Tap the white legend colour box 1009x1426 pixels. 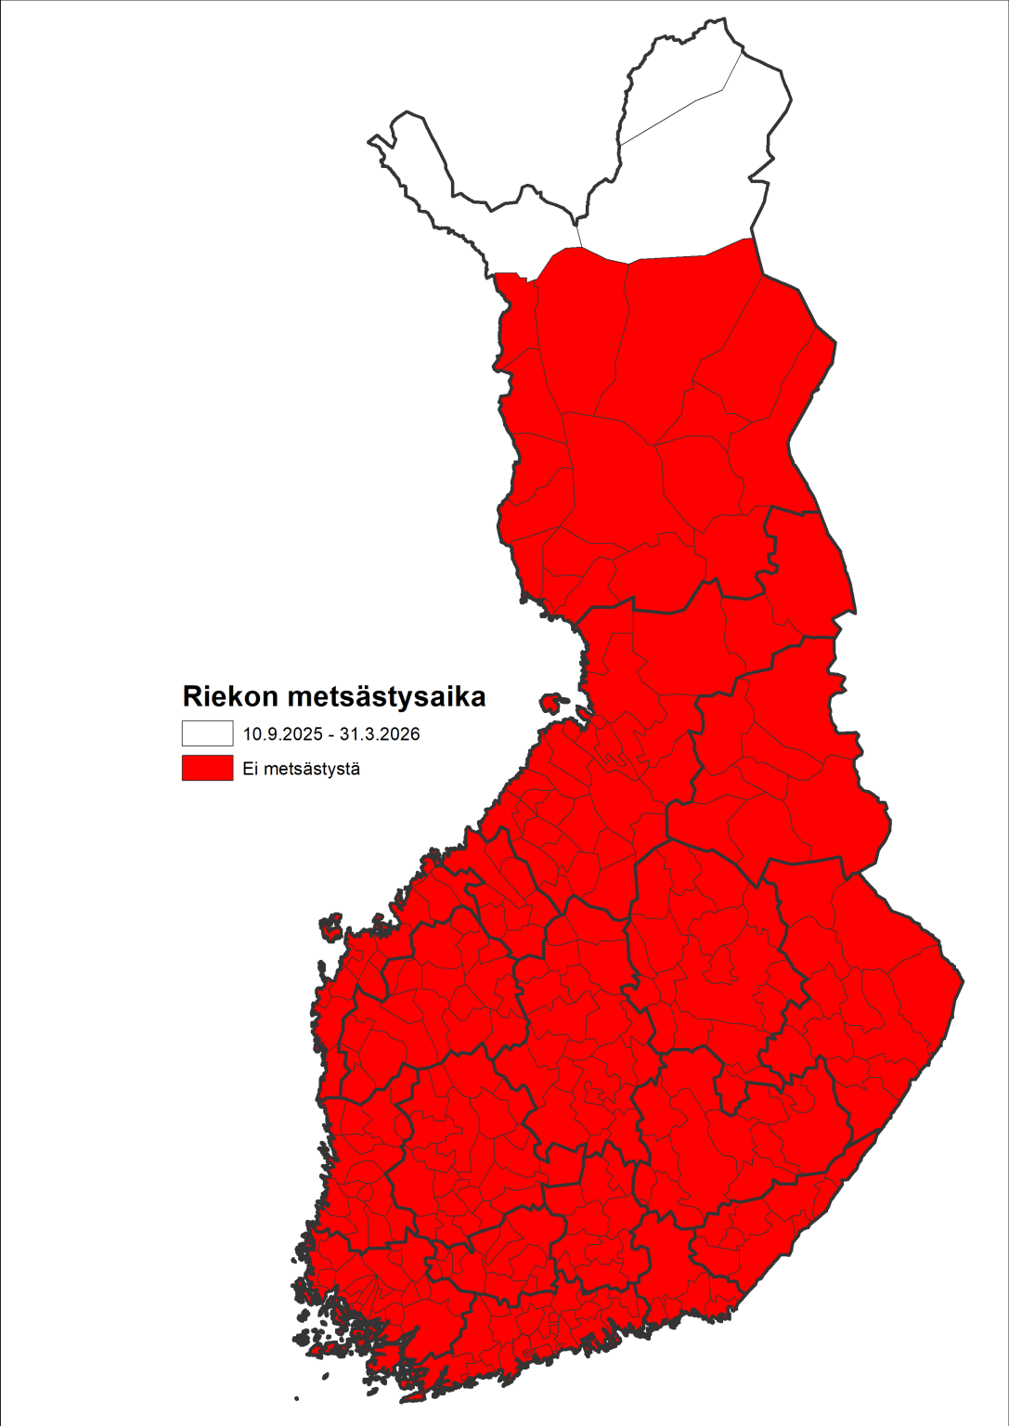click(x=207, y=733)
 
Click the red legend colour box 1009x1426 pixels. click(x=207, y=768)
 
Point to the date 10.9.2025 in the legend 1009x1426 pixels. click(x=282, y=734)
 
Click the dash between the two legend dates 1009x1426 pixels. click(x=330, y=734)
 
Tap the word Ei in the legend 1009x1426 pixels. click(x=250, y=769)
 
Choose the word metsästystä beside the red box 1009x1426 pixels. click(x=307, y=769)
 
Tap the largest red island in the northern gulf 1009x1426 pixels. click(x=553, y=702)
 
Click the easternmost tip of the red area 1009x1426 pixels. click(x=963, y=979)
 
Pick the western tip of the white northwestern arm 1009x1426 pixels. click(x=370, y=141)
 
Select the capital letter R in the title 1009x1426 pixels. click(x=192, y=696)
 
